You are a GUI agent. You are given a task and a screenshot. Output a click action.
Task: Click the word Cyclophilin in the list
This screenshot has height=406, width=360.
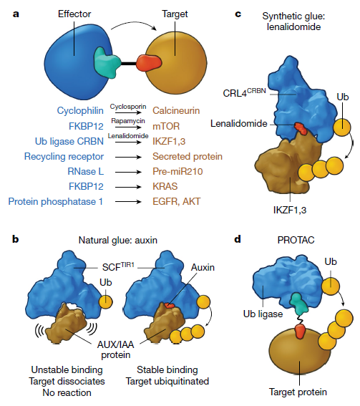[80, 111]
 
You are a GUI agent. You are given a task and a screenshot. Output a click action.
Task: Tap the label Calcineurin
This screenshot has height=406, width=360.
[176, 111]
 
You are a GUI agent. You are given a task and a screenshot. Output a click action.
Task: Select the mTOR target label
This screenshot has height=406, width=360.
[166, 126]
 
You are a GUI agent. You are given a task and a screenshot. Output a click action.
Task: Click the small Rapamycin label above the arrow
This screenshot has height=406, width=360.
[128, 121]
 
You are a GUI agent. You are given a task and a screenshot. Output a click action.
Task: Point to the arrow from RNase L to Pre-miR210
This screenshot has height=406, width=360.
[128, 172]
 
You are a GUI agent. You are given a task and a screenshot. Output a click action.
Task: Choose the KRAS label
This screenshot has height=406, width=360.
[165, 186]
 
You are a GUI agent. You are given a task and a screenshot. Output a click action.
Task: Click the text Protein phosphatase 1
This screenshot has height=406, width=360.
[56, 201]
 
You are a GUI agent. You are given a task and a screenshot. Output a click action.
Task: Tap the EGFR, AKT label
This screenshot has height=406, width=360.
[177, 202]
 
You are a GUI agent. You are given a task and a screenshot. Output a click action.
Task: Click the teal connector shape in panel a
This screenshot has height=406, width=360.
[107, 62]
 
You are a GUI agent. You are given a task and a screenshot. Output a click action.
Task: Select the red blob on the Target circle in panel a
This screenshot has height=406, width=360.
[149, 63]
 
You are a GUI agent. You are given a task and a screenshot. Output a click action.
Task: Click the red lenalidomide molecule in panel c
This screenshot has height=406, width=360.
[301, 129]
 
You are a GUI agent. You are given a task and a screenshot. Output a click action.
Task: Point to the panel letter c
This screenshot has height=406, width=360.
[238, 14]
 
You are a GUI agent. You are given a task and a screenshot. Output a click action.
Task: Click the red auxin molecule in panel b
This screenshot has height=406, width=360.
[170, 305]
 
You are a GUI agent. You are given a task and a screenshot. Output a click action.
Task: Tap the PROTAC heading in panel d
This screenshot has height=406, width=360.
[296, 241]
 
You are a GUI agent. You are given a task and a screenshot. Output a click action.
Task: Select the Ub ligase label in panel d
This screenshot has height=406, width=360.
[263, 314]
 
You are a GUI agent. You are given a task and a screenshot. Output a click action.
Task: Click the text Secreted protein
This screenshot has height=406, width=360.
[188, 156]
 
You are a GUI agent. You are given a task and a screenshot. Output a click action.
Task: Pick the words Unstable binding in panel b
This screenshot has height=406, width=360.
[67, 370]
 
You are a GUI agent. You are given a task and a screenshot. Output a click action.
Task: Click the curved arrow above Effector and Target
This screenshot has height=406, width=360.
[134, 24]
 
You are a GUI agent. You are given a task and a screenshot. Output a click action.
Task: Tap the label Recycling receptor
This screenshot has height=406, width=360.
[64, 157]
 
